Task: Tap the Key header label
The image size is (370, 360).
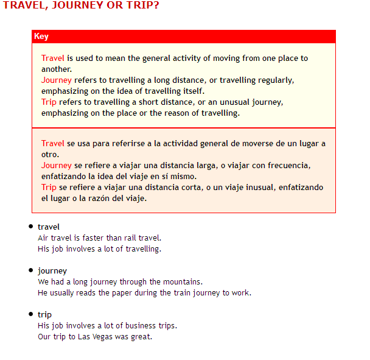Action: click(41, 37)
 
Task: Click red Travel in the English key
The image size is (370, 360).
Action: click(53, 58)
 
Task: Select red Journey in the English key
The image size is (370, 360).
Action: click(57, 80)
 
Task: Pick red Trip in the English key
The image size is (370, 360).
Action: click(49, 102)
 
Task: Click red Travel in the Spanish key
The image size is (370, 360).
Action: click(53, 144)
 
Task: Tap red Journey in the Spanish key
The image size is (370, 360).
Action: click(57, 166)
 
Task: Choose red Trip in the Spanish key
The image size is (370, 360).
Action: click(49, 188)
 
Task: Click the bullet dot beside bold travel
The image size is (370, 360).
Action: click(30, 227)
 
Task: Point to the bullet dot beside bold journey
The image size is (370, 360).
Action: click(30, 270)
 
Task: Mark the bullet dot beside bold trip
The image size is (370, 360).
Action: click(30, 314)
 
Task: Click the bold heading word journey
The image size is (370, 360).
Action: click(52, 271)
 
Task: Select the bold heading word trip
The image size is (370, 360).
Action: click(44, 315)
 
